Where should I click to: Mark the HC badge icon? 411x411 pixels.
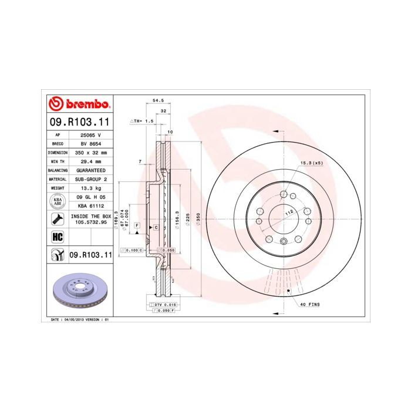pyautogui.click(x=58, y=237)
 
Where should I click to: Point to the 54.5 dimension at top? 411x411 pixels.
pyautogui.click(x=158, y=100)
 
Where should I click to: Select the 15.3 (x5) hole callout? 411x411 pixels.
pyautogui.click(x=312, y=163)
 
